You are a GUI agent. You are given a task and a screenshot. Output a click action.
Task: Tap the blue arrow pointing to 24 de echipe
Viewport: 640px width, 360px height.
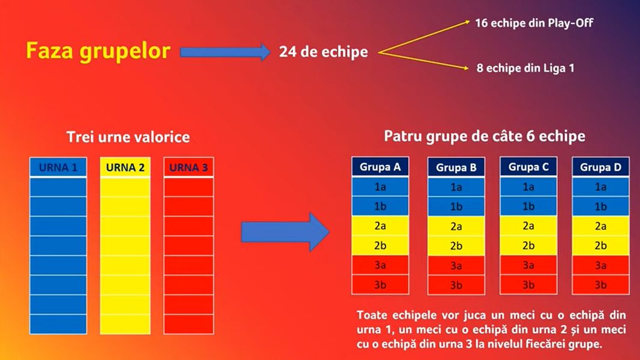click(225, 52)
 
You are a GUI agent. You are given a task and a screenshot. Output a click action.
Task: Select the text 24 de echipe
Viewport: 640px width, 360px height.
click(323, 52)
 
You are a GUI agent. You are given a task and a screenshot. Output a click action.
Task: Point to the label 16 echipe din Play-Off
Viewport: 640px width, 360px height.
click(534, 23)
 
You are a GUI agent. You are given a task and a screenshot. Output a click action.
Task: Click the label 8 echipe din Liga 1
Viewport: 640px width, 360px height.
click(525, 68)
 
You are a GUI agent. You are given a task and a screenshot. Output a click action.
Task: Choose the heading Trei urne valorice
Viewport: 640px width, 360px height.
click(128, 137)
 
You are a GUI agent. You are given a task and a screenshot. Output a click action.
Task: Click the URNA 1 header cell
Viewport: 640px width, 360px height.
click(58, 167)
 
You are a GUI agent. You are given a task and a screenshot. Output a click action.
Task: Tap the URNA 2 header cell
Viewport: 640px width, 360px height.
click(125, 167)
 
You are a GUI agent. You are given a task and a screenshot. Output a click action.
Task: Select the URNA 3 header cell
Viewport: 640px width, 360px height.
click(188, 167)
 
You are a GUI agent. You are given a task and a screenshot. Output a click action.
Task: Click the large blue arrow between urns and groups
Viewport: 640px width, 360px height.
click(285, 232)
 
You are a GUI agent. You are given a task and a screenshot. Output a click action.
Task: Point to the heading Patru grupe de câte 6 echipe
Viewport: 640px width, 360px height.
click(485, 136)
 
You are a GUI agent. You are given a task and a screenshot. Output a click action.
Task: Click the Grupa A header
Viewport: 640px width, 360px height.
click(380, 167)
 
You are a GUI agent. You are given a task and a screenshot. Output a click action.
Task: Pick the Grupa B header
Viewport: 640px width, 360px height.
click(456, 167)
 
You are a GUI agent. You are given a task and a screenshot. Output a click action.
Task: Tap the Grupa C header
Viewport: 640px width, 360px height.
click(528, 167)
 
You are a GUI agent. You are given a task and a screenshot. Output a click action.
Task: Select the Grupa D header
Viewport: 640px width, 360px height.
click(601, 167)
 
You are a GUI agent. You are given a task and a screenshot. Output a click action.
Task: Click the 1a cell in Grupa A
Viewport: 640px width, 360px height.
click(380, 187)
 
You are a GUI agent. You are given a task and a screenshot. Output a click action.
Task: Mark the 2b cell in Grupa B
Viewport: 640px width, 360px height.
click(456, 246)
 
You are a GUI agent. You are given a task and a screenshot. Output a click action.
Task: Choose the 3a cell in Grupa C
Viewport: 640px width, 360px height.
click(528, 265)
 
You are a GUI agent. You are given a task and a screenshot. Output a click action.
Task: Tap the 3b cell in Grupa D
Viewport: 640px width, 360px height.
click(601, 285)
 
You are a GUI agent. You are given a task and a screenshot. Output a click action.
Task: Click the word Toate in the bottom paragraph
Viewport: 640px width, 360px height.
click(371, 315)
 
